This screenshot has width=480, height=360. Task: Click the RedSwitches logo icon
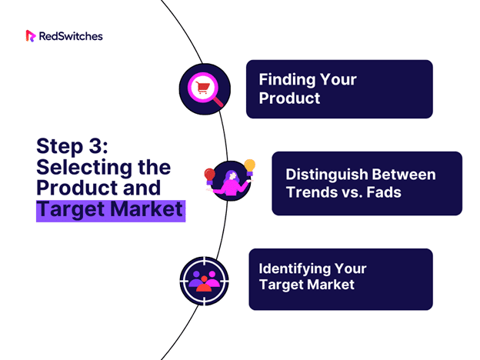click(31, 36)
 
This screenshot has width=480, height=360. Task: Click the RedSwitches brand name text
click(71, 36)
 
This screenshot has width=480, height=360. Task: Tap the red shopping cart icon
click(202, 88)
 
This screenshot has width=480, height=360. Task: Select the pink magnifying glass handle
click(218, 102)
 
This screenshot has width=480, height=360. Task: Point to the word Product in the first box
click(289, 98)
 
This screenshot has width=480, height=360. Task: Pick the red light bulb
click(210, 176)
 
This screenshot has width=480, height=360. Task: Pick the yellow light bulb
click(250, 167)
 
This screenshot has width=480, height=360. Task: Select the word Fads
click(384, 192)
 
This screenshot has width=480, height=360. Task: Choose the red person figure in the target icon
click(204, 285)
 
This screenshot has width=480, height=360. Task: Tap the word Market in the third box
click(331, 285)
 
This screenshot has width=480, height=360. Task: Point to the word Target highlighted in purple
click(71, 210)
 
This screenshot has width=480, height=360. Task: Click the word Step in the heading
click(60, 147)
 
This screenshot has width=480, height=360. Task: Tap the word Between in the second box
click(404, 174)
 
